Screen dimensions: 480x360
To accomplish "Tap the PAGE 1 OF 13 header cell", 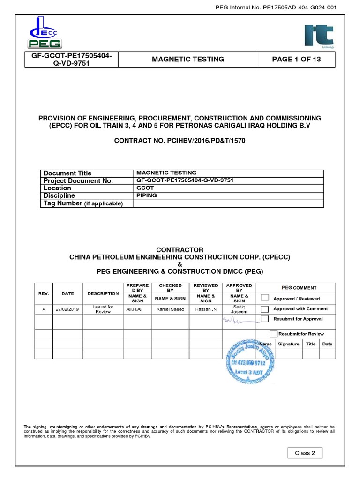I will pyautogui.click(x=296, y=60).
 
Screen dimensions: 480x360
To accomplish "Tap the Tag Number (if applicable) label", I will pyautogui.click(x=82, y=203).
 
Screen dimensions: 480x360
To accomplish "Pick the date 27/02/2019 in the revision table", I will pyautogui.click(x=67, y=309).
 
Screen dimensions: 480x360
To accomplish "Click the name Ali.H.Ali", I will pyautogui.click(x=137, y=309).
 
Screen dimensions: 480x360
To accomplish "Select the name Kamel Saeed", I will pyautogui.click(x=171, y=309).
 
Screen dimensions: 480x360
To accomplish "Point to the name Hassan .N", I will pyautogui.click(x=206, y=309).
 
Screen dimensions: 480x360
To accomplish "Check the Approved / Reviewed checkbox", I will pyautogui.click(x=265, y=298).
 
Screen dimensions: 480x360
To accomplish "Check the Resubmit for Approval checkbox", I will pyautogui.click(x=265, y=319).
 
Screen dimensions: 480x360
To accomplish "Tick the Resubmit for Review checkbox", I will pyautogui.click(x=273, y=334).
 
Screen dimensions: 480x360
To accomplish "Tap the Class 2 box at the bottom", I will pyautogui.click(x=305, y=453).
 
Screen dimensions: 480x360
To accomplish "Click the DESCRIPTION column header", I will pyautogui.click(x=103, y=293).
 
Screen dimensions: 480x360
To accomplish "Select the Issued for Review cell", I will pyautogui.click(x=103, y=309).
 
